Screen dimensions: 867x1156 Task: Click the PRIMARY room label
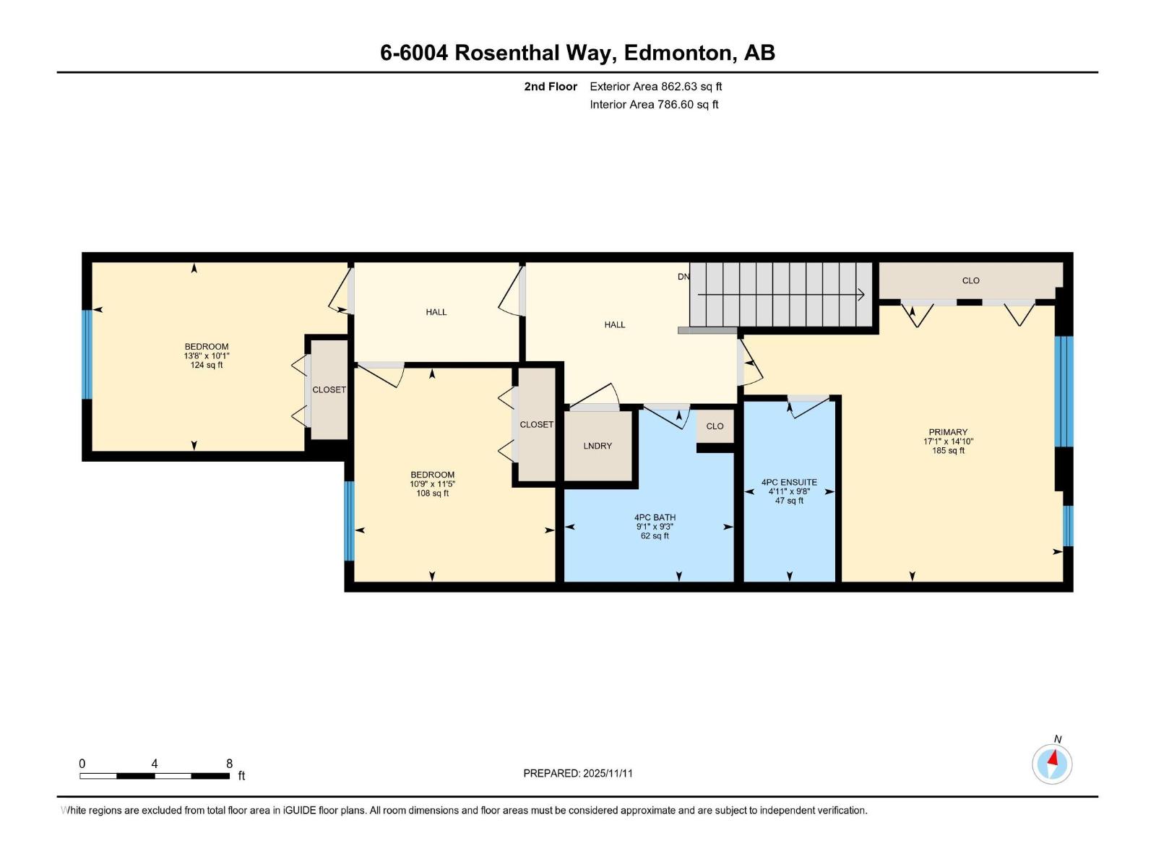point(948,432)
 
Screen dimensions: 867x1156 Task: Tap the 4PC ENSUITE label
point(789,482)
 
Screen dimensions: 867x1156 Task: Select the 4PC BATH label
point(655,517)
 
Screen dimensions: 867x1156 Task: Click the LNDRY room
point(598,447)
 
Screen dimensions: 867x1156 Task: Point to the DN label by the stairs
point(683,277)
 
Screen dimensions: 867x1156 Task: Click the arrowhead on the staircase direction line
point(860,294)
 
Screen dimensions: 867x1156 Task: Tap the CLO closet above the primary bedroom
point(970,280)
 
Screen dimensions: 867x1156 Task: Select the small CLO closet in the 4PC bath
point(715,426)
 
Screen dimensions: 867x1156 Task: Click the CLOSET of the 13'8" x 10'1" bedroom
point(329,389)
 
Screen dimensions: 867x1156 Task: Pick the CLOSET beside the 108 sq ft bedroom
point(536,425)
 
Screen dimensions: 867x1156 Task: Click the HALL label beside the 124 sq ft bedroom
point(436,312)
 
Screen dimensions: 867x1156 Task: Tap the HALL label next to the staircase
point(614,325)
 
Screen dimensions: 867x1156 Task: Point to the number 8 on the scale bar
point(229,764)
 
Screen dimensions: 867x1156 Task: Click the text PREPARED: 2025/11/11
point(577,773)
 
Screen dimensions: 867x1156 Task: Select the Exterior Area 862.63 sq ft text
point(655,87)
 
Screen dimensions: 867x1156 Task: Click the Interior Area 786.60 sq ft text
point(654,105)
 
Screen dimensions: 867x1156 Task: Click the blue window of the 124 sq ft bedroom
point(87,354)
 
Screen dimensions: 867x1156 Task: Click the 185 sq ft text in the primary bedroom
point(948,451)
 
